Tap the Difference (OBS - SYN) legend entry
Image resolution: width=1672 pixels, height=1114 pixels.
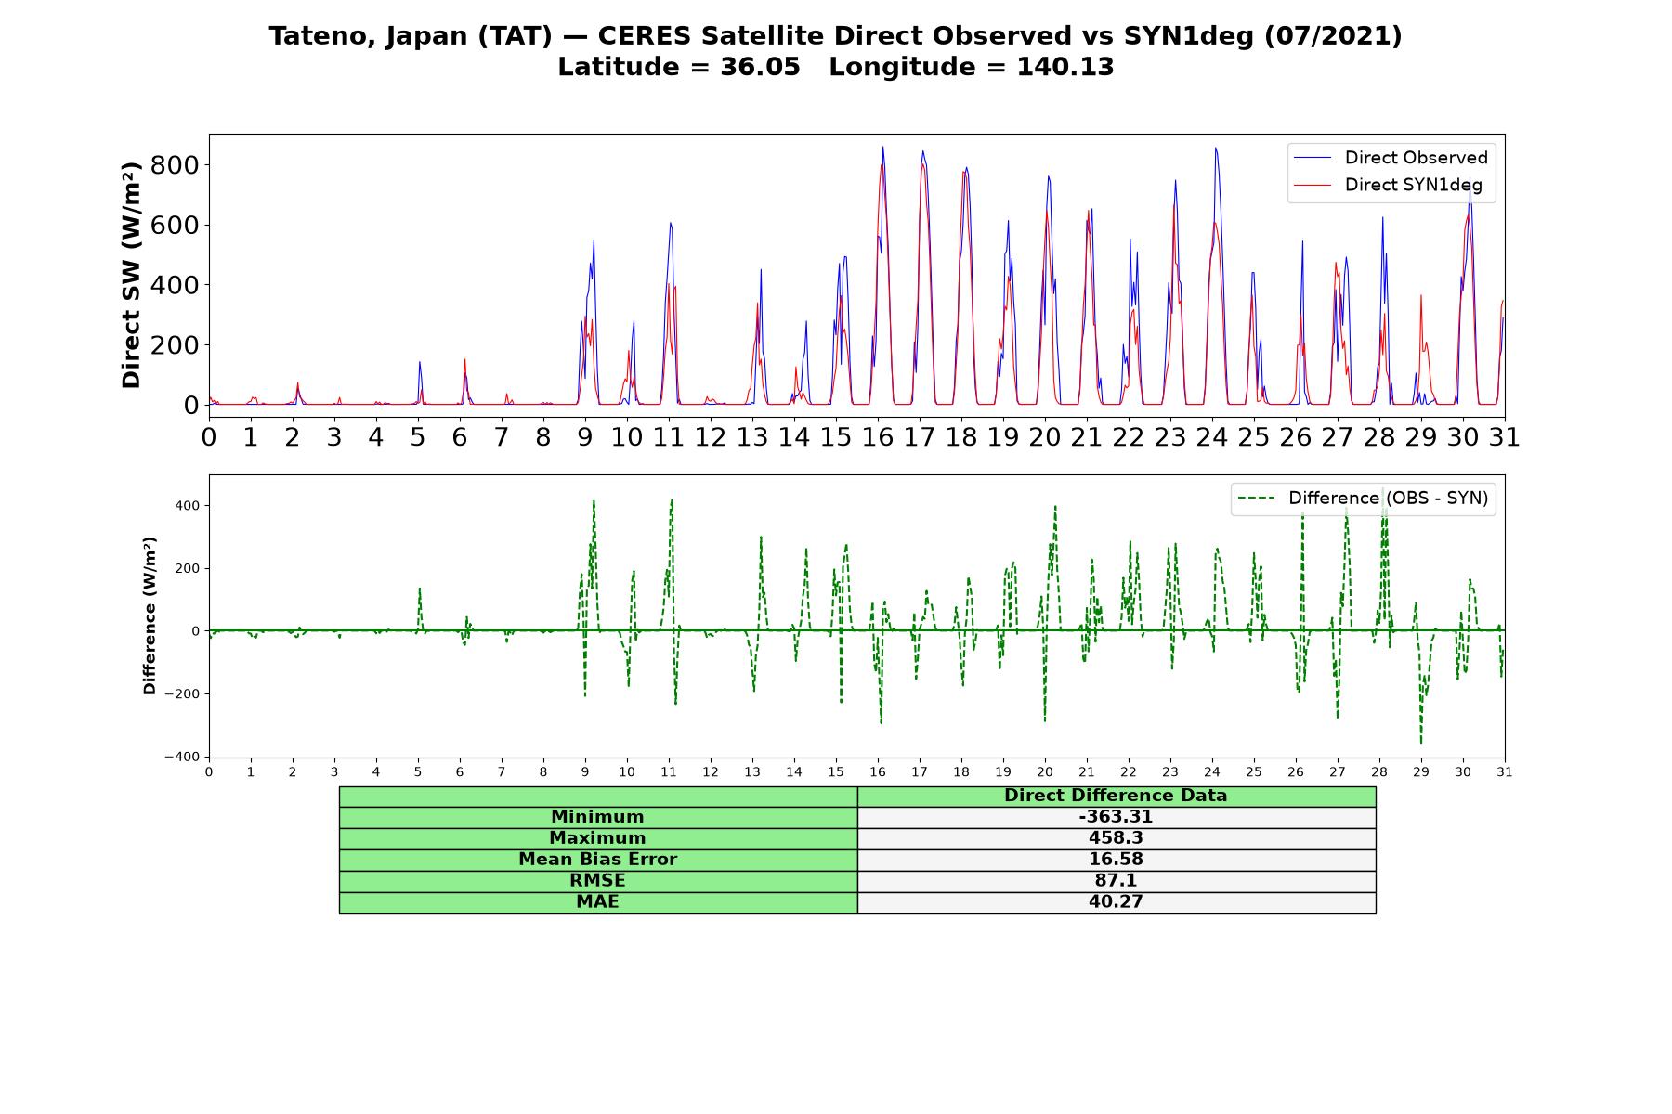[x=1363, y=499]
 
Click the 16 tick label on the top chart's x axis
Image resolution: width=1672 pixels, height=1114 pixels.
[x=878, y=437]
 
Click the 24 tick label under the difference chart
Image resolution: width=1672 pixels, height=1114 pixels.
[x=1212, y=772]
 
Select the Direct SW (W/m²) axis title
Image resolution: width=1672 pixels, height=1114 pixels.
[x=132, y=276]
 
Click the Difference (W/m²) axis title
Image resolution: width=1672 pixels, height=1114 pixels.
[x=150, y=616]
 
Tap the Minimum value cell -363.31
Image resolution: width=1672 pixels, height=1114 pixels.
[x=1116, y=817]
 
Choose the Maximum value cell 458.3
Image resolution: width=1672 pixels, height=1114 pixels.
[x=1116, y=838]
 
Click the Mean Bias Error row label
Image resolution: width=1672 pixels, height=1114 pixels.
[x=598, y=860]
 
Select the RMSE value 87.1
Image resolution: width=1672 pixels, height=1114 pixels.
[x=1116, y=881]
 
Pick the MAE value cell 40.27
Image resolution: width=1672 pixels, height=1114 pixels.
[x=1116, y=902]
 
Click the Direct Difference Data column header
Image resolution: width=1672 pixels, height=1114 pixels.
[x=1116, y=796]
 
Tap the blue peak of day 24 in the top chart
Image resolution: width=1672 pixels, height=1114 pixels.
[x=1215, y=148]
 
